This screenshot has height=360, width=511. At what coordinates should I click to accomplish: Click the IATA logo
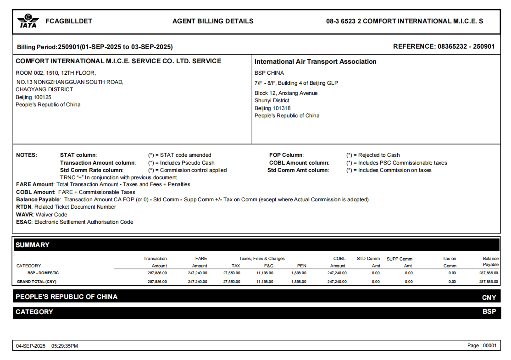(28, 21)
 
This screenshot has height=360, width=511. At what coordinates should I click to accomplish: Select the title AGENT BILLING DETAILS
(213, 21)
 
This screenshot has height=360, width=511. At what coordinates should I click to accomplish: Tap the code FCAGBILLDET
(69, 21)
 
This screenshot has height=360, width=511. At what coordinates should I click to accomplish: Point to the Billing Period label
(37, 47)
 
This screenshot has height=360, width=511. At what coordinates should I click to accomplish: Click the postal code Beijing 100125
(33, 97)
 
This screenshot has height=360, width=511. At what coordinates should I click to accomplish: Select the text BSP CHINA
(269, 73)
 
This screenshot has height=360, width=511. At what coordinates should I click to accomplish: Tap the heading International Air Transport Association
(316, 61)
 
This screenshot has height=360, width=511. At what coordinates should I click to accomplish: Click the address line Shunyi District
(272, 100)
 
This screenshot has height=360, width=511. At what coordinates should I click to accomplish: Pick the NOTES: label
(27, 155)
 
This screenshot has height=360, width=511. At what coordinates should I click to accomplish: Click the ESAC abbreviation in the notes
(24, 222)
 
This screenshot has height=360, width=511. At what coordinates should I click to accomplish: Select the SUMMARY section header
(33, 245)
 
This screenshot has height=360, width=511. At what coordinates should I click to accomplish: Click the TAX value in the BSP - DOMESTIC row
(231, 273)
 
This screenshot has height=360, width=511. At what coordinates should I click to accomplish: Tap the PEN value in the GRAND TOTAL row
(299, 282)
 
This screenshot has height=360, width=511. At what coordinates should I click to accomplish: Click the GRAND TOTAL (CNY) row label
(36, 282)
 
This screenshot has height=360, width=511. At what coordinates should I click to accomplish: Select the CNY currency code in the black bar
(489, 297)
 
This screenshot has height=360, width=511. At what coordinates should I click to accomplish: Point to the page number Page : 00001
(482, 346)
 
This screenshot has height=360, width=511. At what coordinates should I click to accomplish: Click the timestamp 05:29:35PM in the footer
(65, 346)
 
